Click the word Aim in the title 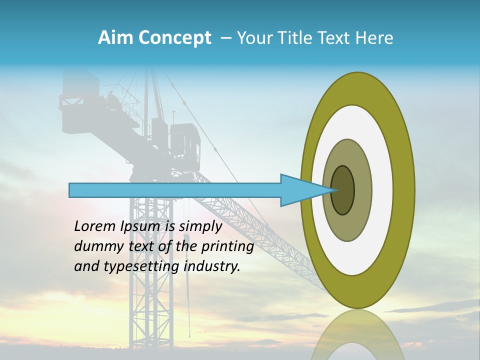tap(115, 38)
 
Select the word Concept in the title tap(174, 38)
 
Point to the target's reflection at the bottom tap(357, 335)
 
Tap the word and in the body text tap(86, 266)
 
